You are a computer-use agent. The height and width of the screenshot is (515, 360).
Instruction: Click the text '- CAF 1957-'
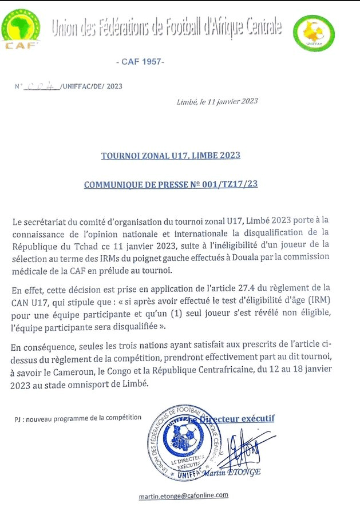139,61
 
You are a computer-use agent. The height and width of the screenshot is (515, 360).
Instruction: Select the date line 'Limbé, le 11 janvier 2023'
217,101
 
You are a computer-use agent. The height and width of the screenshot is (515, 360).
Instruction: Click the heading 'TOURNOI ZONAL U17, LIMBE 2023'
171,155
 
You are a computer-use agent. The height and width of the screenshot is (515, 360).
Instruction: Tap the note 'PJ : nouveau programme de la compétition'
78,418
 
